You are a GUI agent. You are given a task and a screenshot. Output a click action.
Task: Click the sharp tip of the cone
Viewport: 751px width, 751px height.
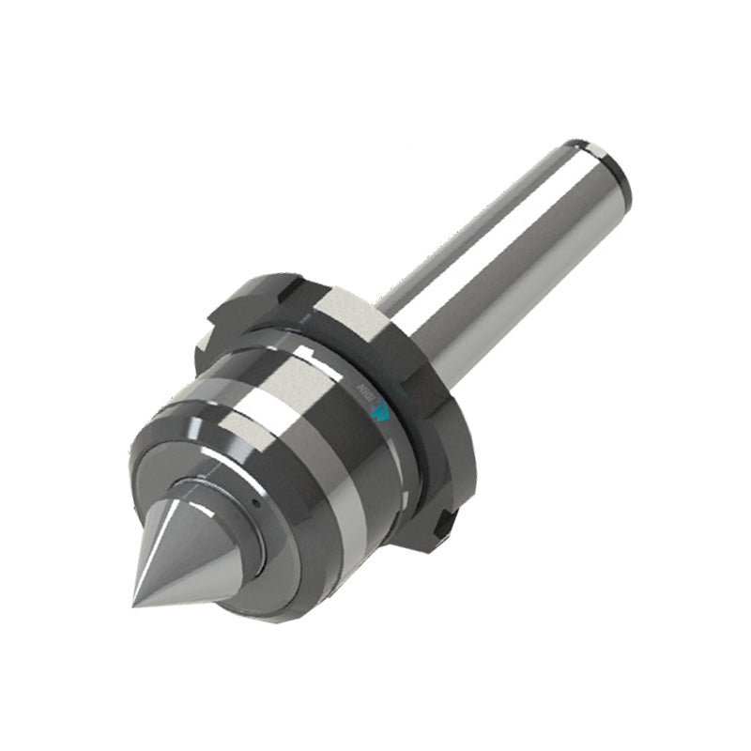tap(134, 603)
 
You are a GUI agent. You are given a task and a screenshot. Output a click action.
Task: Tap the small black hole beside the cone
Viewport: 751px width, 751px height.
tap(254, 503)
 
